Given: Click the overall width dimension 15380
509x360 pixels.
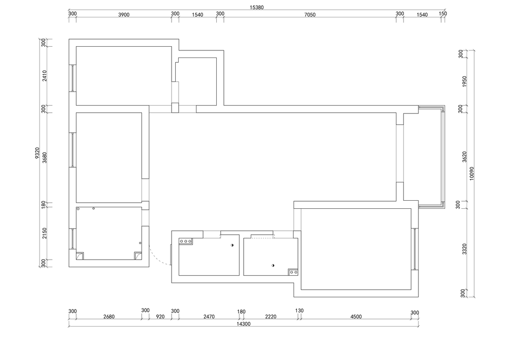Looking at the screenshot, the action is pyautogui.click(x=256, y=7).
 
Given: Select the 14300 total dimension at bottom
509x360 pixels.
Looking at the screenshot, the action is pyautogui.click(x=244, y=324).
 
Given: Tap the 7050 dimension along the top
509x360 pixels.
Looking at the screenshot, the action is pyautogui.click(x=310, y=15).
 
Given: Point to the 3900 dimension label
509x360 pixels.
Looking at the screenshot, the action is pyautogui.click(x=123, y=15).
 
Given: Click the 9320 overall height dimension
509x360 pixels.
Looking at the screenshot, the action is pyautogui.click(x=37, y=153).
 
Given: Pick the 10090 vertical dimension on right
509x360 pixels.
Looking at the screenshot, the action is pyautogui.click(x=472, y=173).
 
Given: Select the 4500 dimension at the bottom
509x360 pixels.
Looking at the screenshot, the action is pyautogui.click(x=356, y=317).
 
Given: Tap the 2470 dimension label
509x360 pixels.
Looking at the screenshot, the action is pyautogui.click(x=209, y=317).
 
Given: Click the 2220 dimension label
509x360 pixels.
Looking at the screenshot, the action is pyautogui.click(x=271, y=317).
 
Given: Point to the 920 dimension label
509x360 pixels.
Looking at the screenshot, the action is pyautogui.click(x=160, y=317).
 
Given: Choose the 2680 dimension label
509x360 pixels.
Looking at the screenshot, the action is pyautogui.click(x=109, y=317).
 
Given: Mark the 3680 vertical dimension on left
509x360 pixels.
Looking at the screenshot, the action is pyautogui.click(x=44, y=157).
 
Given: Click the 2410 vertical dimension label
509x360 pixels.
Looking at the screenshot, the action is pyautogui.click(x=44, y=76).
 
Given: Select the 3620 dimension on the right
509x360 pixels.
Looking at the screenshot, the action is pyautogui.click(x=464, y=157).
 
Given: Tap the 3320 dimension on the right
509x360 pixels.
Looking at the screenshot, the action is pyautogui.click(x=464, y=249).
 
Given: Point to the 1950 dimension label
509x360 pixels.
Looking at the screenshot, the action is pyautogui.click(x=464, y=81).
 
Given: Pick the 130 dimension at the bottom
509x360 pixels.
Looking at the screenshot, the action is pyautogui.click(x=299, y=311).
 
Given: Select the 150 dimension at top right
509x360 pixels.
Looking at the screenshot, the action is pyautogui.click(x=443, y=14).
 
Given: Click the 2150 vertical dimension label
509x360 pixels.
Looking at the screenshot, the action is pyautogui.click(x=44, y=233).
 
